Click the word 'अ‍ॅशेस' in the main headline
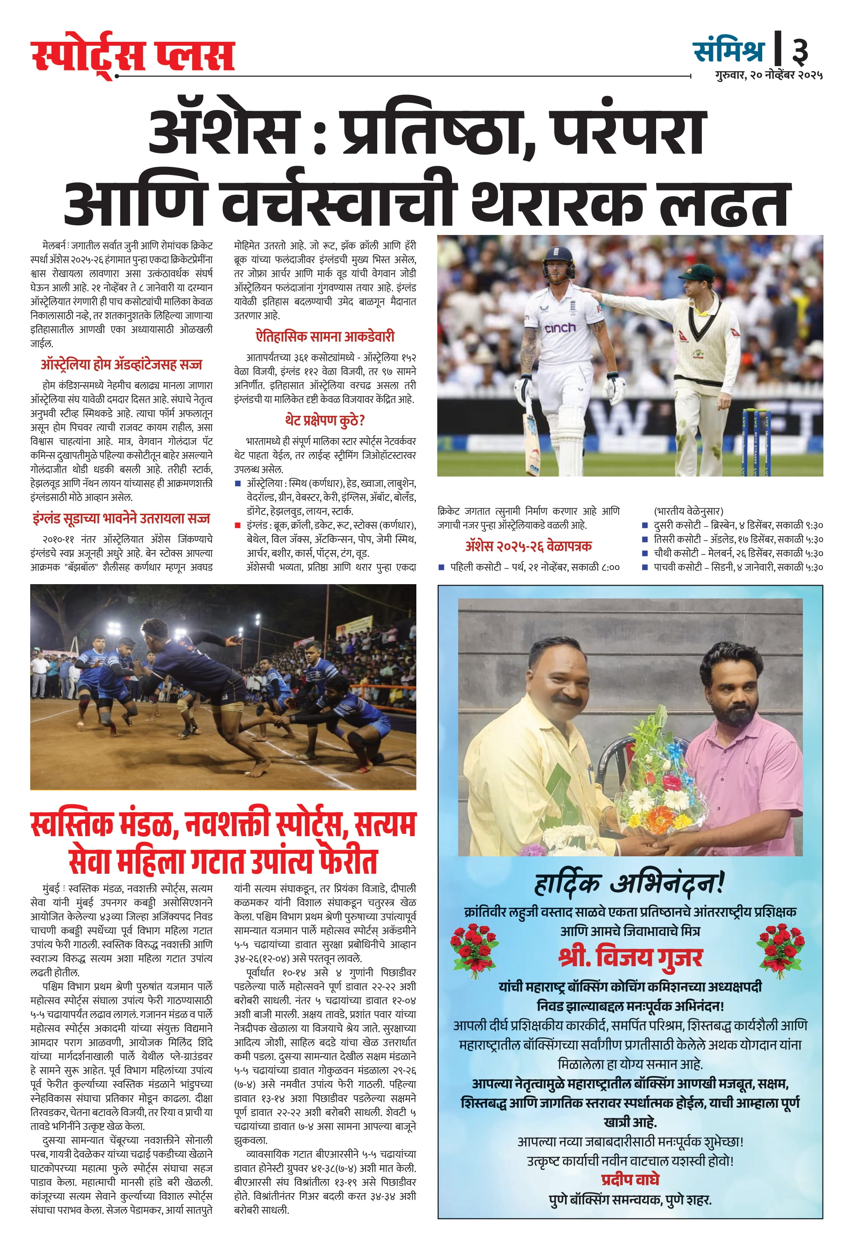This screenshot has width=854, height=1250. pyautogui.click(x=223, y=131)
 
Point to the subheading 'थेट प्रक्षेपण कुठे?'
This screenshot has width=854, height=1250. pyautogui.click(x=325, y=420)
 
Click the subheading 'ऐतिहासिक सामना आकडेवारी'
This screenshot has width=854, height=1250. pyautogui.click(x=325, y=337)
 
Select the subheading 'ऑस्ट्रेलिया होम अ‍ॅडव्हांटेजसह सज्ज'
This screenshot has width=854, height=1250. pyautogui.click(x=121, y=365)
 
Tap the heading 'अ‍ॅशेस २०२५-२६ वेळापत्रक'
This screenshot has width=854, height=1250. pyautogui.click(x=528, y=546)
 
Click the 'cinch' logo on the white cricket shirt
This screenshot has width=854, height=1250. pyautogui.click(x=560, y=327)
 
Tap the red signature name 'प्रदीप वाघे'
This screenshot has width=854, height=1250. pyautogui.click(x=630, y=1180)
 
